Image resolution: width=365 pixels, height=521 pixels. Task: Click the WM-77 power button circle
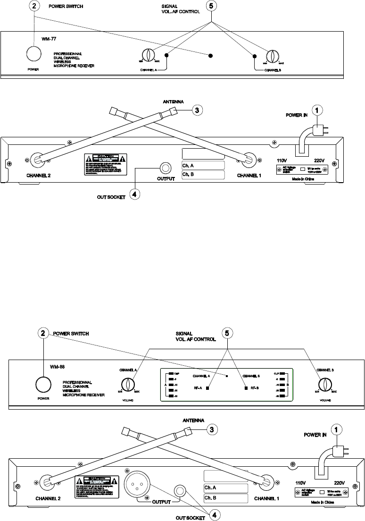coord(33,54)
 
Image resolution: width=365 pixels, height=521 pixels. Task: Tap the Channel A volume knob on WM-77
coord(147,55)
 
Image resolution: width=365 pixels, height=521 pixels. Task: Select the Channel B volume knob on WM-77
coord(272,56)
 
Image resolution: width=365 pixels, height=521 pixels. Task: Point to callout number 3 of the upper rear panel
coord(198,110)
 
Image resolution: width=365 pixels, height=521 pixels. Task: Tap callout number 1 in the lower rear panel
coord(338,431)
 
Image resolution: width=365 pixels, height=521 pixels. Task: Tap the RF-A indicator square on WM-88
coord(207,388)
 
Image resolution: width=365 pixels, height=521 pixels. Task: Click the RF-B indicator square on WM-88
coord(246,388)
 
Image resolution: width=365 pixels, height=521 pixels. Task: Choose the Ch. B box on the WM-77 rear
coord(203,176)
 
